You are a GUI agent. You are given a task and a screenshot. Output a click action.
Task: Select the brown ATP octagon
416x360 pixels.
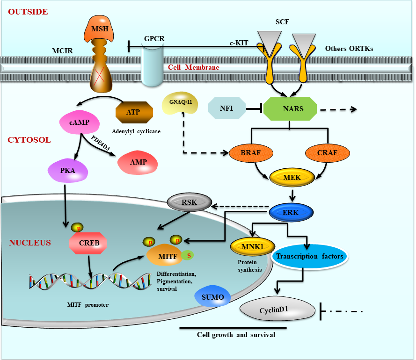click(134, 112)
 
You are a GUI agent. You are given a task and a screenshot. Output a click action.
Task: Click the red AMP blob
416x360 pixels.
click(139, 162)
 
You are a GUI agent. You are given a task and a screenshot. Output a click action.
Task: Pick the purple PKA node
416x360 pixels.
click(68, 171)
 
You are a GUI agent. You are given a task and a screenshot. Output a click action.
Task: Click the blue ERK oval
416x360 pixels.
click(291, 213)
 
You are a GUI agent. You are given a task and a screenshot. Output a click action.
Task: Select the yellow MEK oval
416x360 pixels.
click(292, 178)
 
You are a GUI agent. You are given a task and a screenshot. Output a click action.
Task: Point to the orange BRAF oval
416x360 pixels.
click(252, 152)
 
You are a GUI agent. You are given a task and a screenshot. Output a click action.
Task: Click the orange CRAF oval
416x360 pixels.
click(328, 152)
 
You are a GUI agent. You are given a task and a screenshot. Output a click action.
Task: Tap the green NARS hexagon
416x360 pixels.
click(290, 109)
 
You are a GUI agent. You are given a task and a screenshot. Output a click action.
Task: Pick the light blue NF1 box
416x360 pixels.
click(226, 109)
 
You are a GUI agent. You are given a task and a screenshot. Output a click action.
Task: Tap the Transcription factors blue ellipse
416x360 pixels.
click(309, 257)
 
